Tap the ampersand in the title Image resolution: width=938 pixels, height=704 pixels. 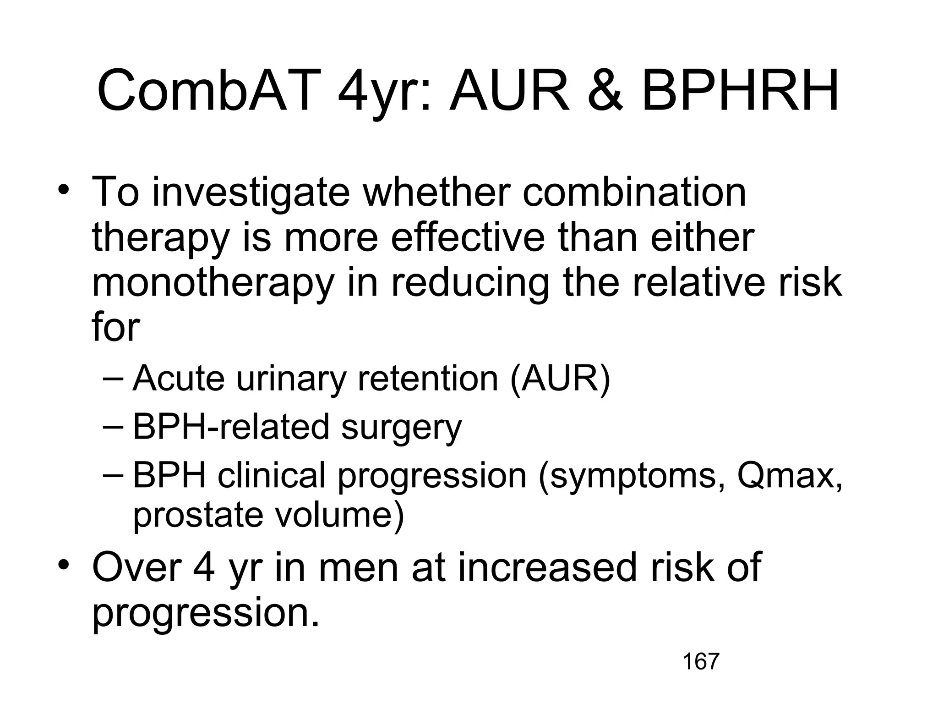pyautogui.click(x=605, y=90)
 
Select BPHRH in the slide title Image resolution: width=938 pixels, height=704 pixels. pyautogui.click(x=740, y=90)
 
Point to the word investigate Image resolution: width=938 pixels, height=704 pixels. pyautogui.click(x=251, y=192)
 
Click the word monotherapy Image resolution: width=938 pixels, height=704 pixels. pyautogui.click(x=212, y=283)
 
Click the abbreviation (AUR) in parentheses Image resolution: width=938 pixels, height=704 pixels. pyautogui.click(x=560, y=379)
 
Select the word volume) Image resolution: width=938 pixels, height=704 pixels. pyautogui.click(x=339, y=515)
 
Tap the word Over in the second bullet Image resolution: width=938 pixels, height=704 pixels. pyautogui.click(x=136, y=567)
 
